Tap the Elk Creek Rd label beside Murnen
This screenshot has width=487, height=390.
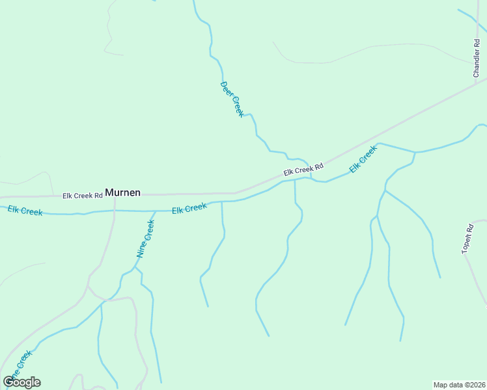coord(83,195)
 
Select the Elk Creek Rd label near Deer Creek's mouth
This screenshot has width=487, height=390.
coord(303,170)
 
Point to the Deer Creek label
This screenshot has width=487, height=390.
coord(232,99)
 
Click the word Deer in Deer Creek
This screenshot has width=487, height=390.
coord(227,88)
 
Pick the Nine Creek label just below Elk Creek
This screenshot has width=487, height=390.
coord(145,239)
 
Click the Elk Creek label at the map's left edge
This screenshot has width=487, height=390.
coord(25,210)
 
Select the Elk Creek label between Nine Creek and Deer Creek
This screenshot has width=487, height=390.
coord(189,209)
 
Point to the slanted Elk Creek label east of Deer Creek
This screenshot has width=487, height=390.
coord(363,159)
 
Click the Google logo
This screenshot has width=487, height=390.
coord(21,382)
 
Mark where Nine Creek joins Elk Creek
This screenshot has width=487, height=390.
coord(156,211)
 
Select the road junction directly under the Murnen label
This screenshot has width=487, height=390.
coord(115,195)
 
